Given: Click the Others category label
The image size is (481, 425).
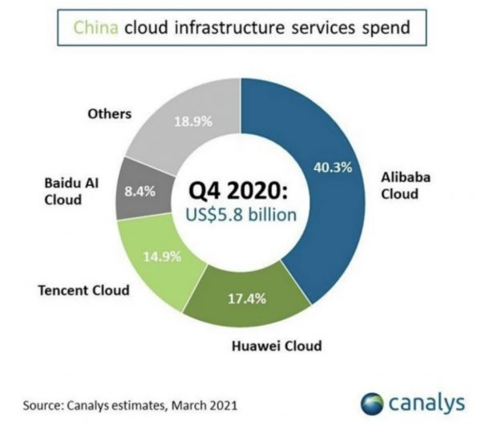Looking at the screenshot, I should [x=108, y=113].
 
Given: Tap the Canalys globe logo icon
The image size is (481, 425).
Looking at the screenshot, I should [x=371, y=399].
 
